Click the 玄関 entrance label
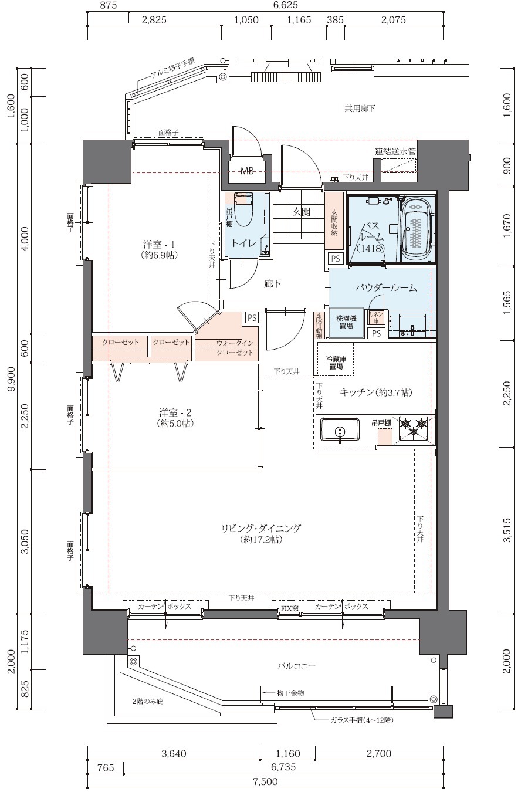coord(301,212)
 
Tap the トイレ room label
coord(243,243)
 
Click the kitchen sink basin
coord(340,430)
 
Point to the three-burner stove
coord(414,429)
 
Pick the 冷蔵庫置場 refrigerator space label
coord(336,363)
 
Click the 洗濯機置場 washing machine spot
coord(346,323)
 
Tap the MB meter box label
coord(247,171)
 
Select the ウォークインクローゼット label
coord(235,347)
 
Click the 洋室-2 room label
coord(175,418)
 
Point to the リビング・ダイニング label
coord(260,533)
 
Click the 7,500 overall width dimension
coord(266,781)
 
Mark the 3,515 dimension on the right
coord(507,530)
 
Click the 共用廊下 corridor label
coord(360,109)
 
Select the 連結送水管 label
coord(395,151)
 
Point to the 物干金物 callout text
coord(290,693)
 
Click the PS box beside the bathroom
coord(335,259)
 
